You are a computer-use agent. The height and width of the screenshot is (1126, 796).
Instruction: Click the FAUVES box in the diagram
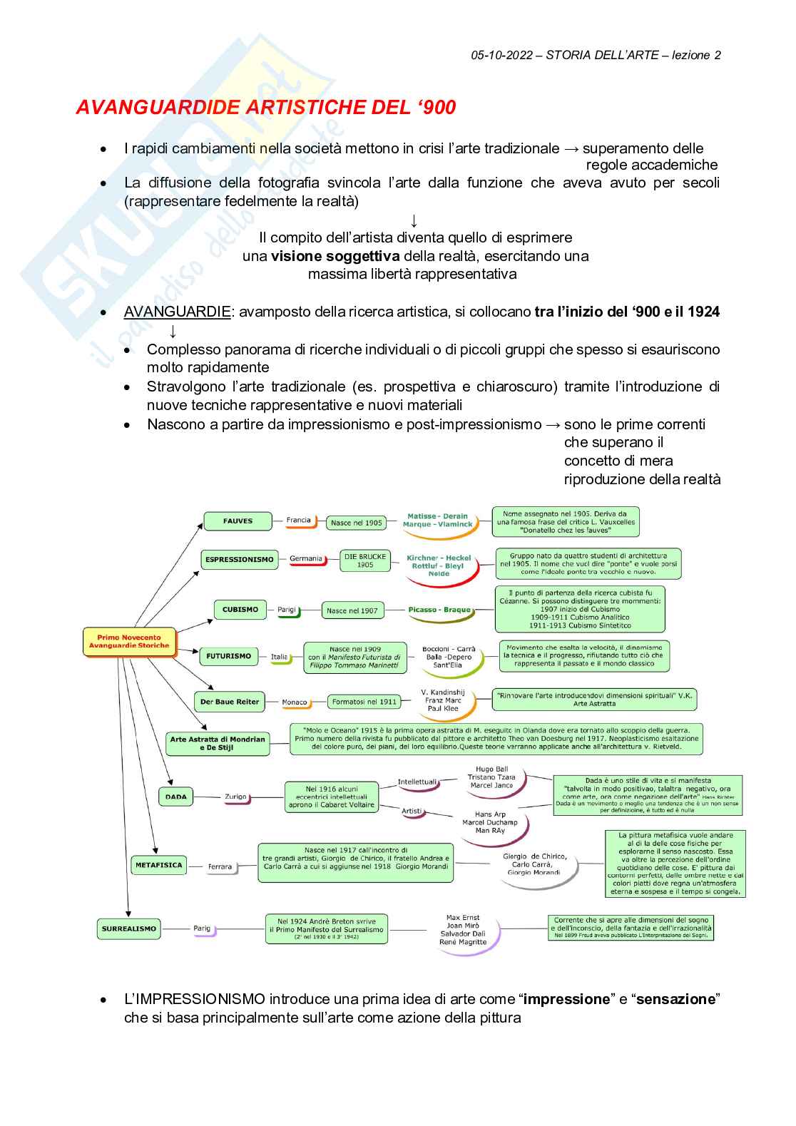(x=238, y=521)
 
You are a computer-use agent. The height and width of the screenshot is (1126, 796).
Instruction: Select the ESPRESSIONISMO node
(x=239, y=560)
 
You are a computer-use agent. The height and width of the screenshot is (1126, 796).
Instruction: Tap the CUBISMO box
(x=240, y=610)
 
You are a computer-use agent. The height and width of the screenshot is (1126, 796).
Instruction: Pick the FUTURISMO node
(x=228, y=656)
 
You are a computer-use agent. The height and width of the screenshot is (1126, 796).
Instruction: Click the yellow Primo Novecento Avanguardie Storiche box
(x=129, y=641)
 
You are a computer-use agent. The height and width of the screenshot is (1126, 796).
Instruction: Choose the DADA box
(x=175, y=797)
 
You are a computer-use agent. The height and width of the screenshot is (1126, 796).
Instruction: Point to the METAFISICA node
(x=158, y=866)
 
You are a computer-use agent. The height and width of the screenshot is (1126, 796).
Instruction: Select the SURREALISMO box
(x=128, y=929)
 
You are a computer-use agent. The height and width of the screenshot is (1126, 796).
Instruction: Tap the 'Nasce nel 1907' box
(x=352, y=610)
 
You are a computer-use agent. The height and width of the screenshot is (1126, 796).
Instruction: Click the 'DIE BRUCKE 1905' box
(x=364, y=561)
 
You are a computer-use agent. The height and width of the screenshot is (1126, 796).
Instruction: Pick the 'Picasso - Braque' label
(x=439, y=610)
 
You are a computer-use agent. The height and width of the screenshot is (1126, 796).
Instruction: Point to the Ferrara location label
(x=220, y=867)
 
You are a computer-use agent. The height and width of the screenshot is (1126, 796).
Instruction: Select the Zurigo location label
(x=235, y=797)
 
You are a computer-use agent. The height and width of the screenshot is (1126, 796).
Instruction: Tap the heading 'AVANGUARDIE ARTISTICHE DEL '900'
(x=265, y=108)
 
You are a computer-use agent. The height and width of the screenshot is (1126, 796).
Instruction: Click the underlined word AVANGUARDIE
(x=177, y=312)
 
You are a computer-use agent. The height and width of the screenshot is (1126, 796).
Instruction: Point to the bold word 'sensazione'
(x=675, y=999)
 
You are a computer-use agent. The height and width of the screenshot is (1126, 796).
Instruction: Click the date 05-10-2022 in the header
(x=501, y=56)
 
